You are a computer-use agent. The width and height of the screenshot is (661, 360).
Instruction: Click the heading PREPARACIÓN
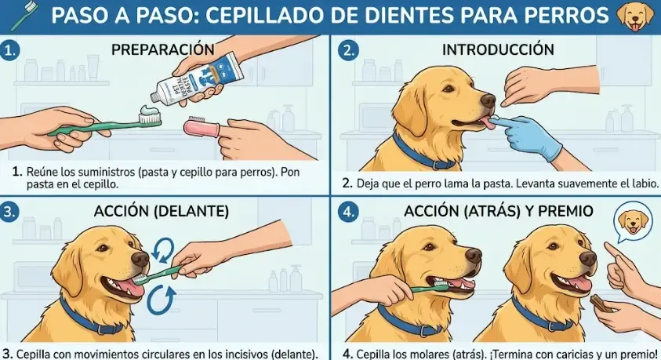pos(162,49)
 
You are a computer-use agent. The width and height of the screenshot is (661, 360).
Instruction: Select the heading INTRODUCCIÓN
pos(498,49)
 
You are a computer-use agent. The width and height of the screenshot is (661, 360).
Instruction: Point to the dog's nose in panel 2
pos(488,100)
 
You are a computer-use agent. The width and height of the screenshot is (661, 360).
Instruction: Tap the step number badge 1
pos(10,52)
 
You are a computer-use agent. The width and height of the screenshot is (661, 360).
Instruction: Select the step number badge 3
pos(10,212)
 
